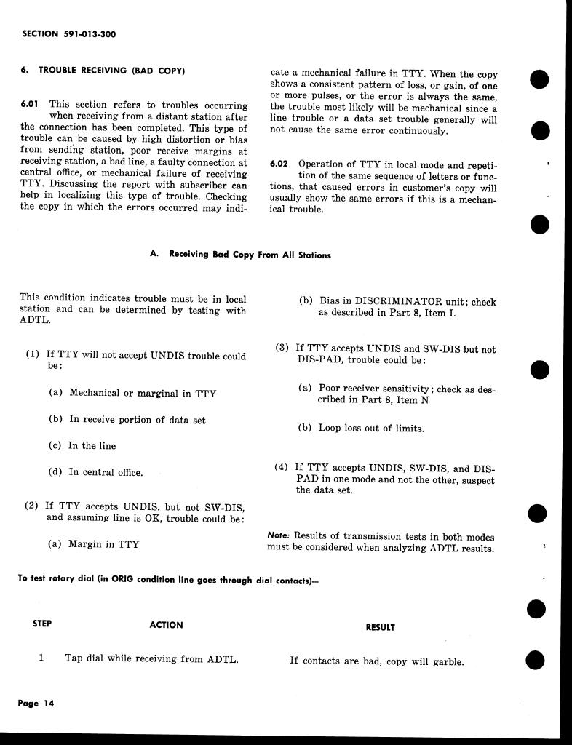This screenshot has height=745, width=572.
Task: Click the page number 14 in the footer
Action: (49, 704)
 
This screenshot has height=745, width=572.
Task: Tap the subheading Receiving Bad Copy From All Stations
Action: (250, 255)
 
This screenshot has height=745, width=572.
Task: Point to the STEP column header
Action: (42, 624)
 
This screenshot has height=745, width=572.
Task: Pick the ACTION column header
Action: (166, 625)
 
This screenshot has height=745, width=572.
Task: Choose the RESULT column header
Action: (381, 627)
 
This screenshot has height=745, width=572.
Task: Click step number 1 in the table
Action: (41, 658)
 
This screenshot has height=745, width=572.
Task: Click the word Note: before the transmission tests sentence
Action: (279, 535)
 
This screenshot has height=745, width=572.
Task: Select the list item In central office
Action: (106, 472)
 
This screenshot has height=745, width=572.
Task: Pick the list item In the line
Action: (92, 446)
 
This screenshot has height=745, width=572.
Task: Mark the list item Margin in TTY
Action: (103, 544)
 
